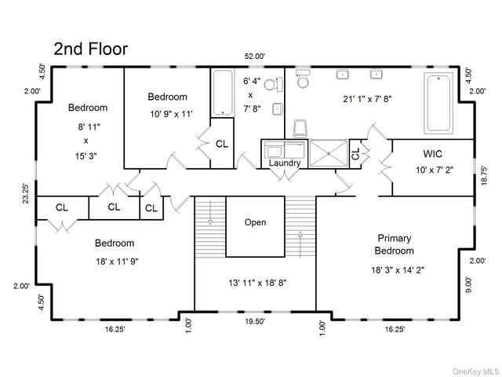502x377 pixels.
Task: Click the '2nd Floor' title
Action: (90, 49)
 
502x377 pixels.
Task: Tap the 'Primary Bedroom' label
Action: (395, 244)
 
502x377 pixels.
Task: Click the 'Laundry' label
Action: (286, 163)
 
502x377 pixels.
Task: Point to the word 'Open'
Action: (255, 222)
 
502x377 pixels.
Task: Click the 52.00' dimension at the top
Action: (254, 57)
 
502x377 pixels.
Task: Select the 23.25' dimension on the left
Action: (25, 192)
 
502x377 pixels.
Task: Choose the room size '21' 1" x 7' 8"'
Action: (368, 100)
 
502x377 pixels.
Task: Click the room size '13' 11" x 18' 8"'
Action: (255, 281)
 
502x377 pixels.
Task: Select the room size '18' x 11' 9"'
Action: (115, 261)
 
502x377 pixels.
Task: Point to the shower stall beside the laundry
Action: (328, 153)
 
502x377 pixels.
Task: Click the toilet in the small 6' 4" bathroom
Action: (271, 85)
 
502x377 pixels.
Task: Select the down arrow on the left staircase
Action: (210, 222)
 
